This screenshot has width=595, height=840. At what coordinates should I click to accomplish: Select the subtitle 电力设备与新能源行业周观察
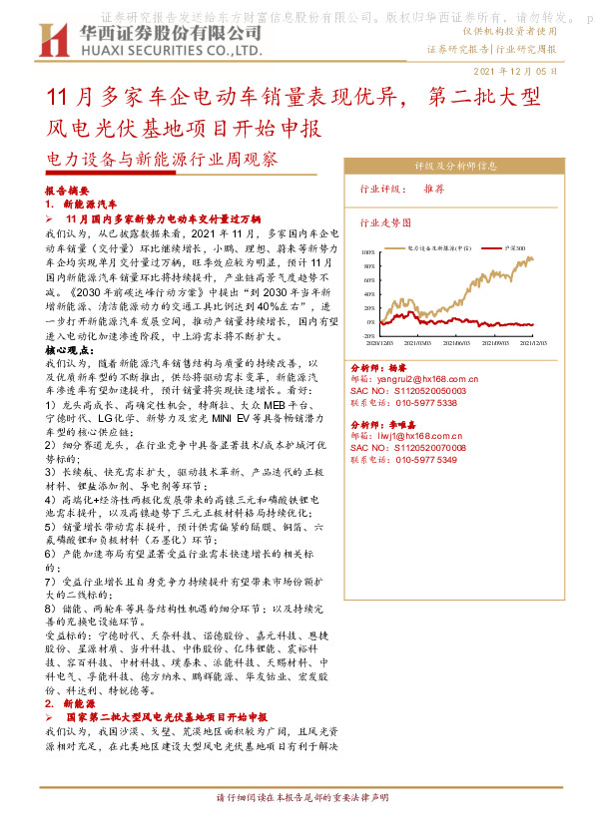(x=164, y=159)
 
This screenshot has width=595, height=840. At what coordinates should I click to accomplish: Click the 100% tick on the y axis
(x=370, y=252)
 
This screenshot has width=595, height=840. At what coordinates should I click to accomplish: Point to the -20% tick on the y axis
(x=370, y=336)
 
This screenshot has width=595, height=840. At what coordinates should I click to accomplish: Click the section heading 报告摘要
(x=67, y=189)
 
